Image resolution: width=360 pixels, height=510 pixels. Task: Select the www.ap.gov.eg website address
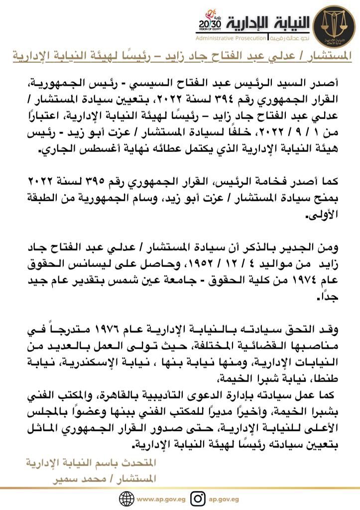[159, 498]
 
